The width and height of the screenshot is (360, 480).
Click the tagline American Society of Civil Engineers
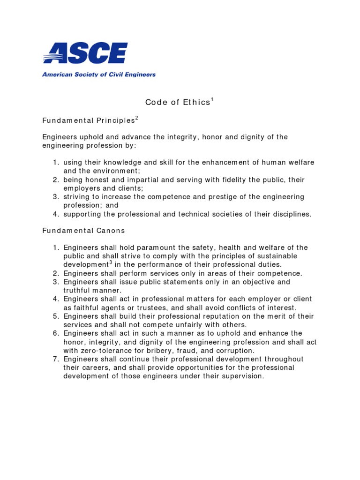pos(99,74)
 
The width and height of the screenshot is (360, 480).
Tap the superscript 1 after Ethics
pos(212,99)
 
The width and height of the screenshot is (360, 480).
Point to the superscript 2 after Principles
pos(136,118)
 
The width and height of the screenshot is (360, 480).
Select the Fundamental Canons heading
pos(83,231)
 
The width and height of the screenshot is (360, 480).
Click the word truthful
pos(78,291)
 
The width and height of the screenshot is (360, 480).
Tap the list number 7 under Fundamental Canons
pos(55,359)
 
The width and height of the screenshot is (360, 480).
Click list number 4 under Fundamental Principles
pos(55,214)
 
